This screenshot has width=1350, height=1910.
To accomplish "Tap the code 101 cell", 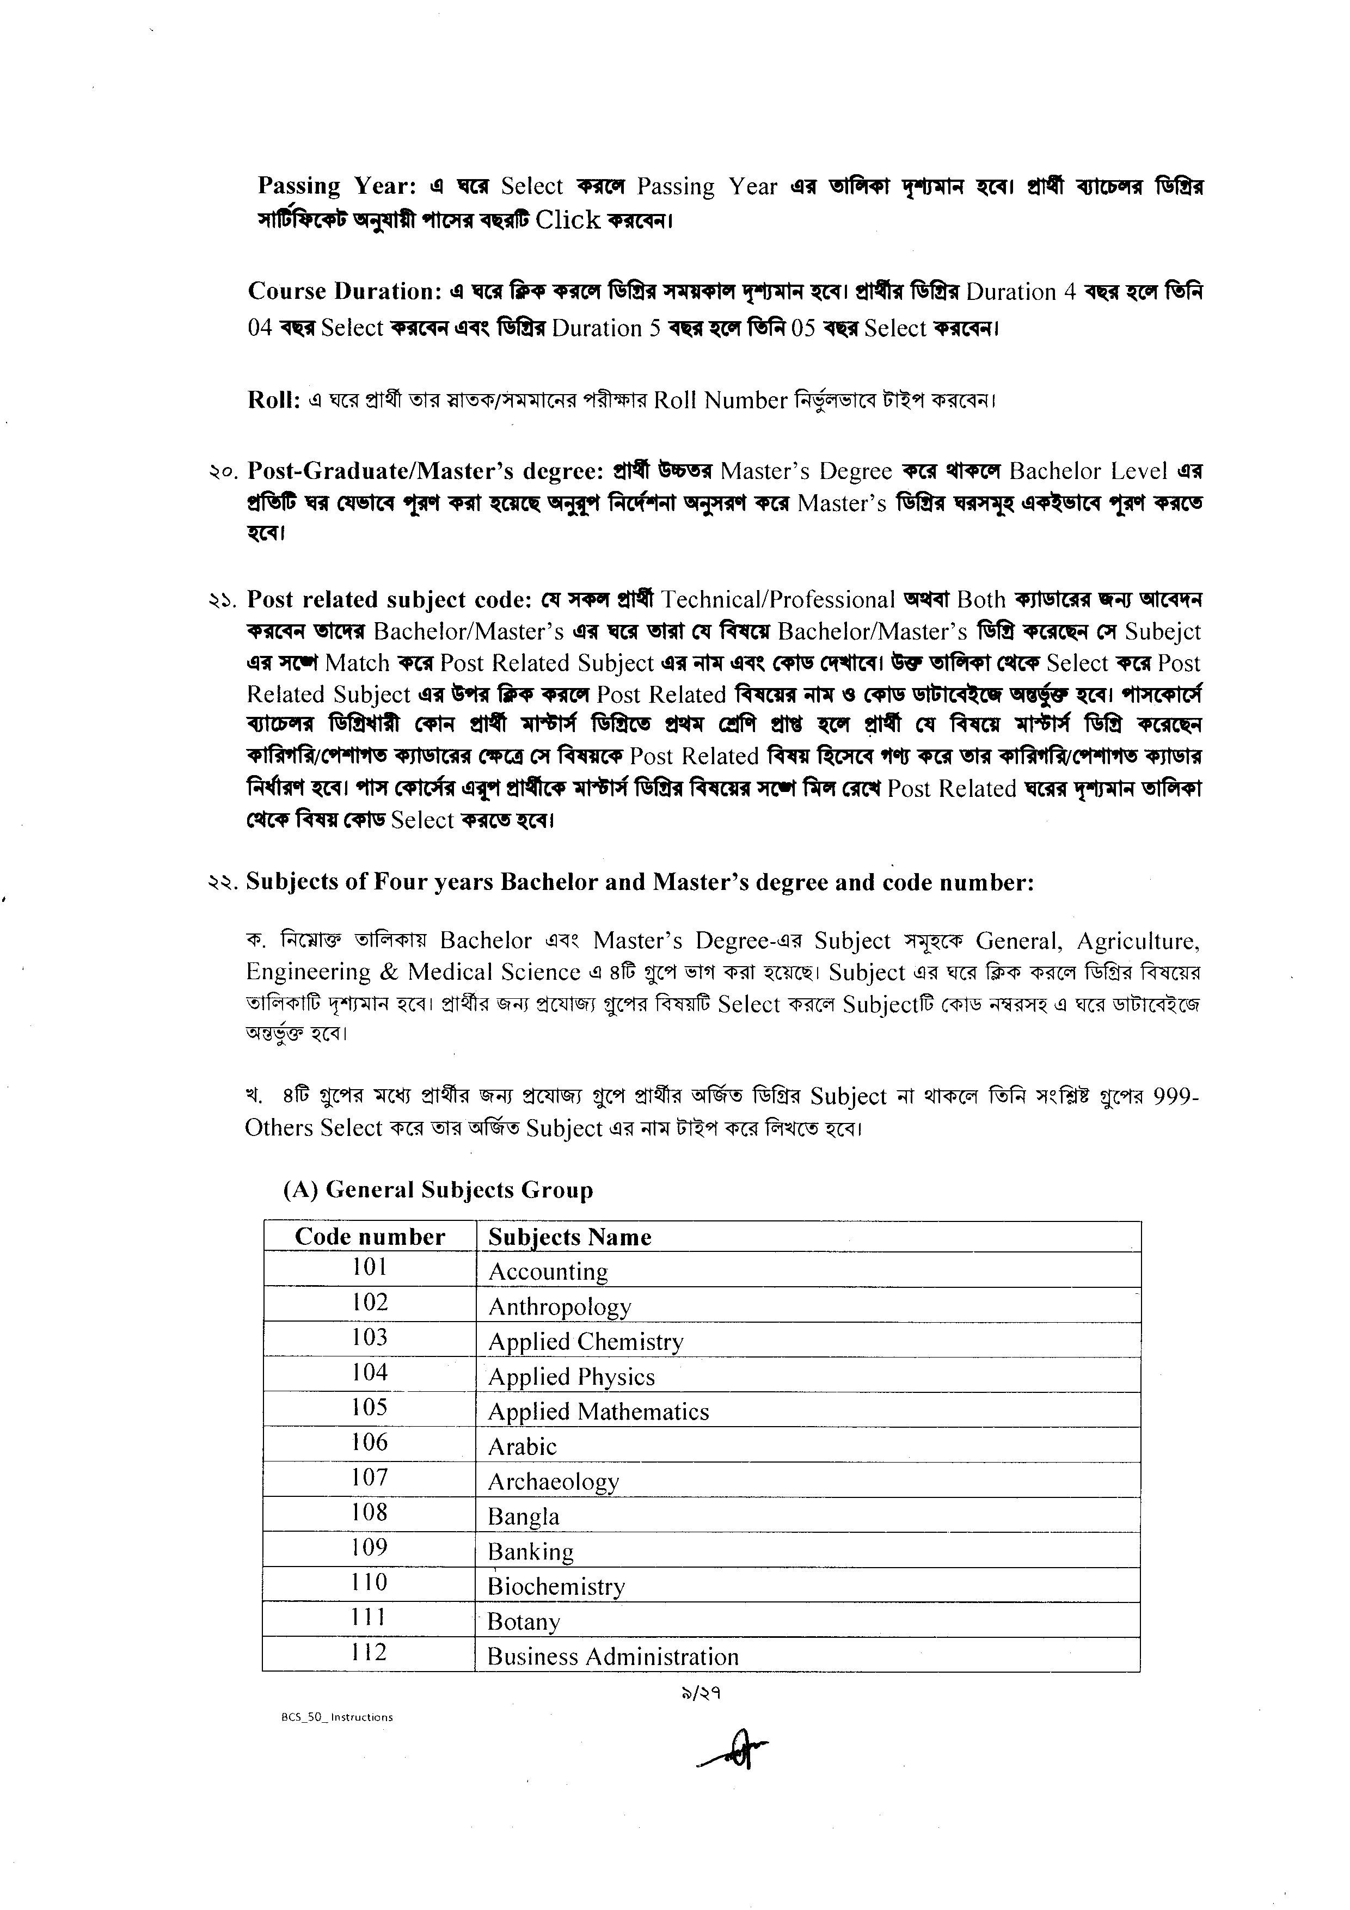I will (x=369, y=1267).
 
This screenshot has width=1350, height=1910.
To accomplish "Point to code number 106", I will (x=369, y=1442).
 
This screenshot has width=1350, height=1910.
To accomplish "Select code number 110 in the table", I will (x=369, y=1581).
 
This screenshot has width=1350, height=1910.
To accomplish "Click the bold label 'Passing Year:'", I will (x=337, y=186).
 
